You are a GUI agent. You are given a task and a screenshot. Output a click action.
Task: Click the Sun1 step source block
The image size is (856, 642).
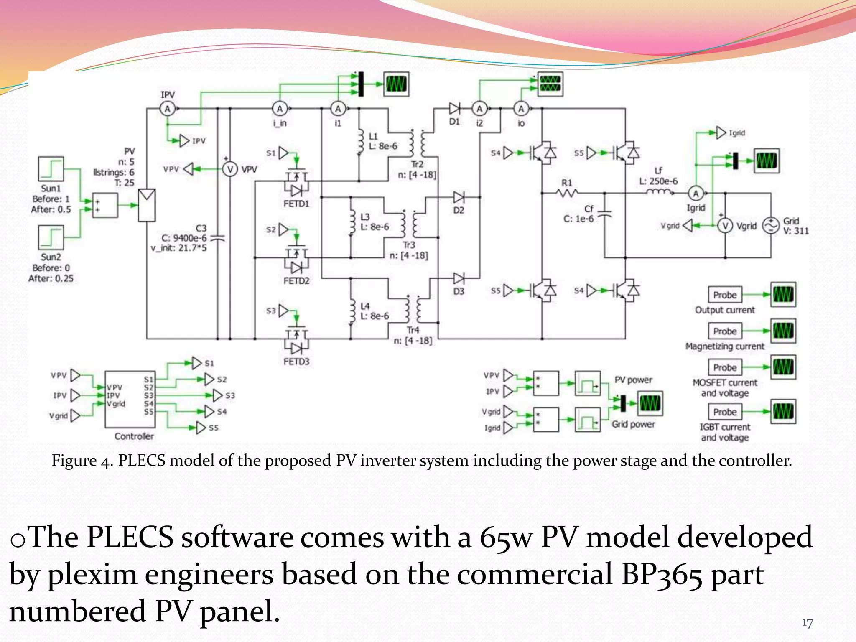51,169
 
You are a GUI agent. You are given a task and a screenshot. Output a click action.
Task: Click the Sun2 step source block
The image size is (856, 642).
51,237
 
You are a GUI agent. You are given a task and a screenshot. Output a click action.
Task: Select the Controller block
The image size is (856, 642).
130,399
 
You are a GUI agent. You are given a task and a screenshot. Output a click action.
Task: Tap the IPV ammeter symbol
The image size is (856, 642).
167,109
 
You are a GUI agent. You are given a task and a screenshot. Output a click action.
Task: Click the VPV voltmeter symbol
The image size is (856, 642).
229,169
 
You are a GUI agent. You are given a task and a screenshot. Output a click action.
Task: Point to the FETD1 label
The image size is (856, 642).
296,204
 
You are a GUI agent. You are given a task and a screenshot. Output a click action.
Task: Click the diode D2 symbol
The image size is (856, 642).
459,197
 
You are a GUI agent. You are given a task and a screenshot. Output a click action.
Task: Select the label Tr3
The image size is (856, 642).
409,245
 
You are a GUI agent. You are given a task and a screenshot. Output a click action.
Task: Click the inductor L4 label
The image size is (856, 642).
365,306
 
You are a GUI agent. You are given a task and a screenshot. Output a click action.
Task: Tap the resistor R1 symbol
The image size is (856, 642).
567,193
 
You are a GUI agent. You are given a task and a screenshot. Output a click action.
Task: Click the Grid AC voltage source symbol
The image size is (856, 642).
770,226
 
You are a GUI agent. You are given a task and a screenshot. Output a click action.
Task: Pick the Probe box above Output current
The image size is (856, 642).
725,295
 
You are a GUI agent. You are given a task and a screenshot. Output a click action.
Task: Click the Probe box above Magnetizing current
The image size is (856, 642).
725,331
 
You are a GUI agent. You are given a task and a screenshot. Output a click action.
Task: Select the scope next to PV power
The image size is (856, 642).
650,403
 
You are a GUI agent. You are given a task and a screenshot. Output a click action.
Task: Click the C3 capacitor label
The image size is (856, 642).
201,228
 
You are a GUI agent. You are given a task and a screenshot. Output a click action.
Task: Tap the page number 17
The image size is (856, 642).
807,623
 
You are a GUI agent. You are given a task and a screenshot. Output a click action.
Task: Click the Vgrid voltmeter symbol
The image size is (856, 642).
725,226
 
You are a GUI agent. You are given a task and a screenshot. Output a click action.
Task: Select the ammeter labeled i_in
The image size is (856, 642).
280,109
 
